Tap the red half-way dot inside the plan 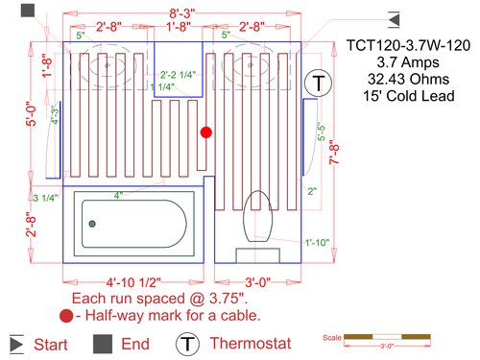point(204,132)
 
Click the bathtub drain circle point(93,223)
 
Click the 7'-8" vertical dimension point(333,154)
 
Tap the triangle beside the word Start point(16,343)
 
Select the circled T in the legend point(187,343)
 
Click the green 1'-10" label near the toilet point(317,242)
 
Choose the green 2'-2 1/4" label point(180,74)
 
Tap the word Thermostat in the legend point(248,343)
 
